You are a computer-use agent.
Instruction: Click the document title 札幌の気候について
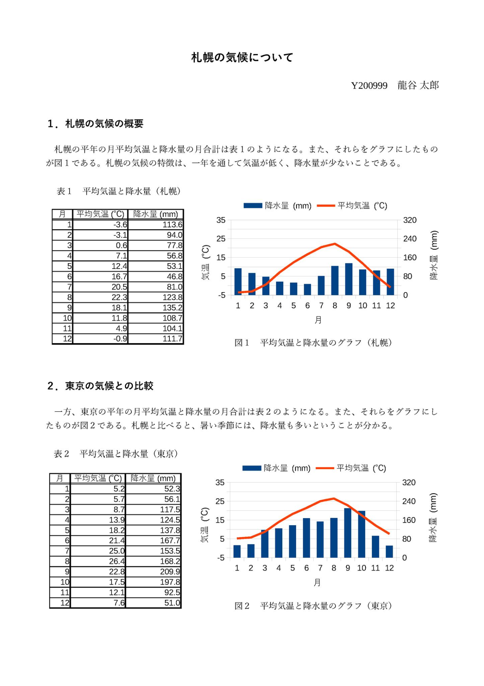click(x=242, y=57)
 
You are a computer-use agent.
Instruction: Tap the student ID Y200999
click(x=369, y=86)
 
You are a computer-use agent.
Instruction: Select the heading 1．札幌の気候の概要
click(x=95, y=124)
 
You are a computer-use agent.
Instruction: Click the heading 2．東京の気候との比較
click(x=100, y=386)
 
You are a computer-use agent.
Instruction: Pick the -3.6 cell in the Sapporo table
click(x=100, y=225)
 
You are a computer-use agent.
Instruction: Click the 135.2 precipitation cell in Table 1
click(x=156, y=308)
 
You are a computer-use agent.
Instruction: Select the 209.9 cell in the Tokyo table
click(x=153, y=572)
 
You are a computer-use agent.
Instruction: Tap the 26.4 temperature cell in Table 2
click(x=98, y=561)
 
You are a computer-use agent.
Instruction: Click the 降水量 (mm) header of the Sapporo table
click(x=156, y=214)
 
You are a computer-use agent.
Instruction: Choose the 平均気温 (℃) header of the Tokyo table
click(x=98, y=478)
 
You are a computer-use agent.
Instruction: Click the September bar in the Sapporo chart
click(x=349, y=279)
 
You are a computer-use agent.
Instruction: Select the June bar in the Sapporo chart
click(x=307, y=289)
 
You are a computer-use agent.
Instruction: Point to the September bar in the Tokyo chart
click(x=348, y=533)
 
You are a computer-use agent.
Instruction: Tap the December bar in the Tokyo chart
click(x=389, y=551)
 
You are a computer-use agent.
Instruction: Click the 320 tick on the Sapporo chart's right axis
click(x=409, y=220)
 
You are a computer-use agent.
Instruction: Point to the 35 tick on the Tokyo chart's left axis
click(x=220, y=483)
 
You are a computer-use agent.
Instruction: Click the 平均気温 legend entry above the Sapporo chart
click(x=352, y=205)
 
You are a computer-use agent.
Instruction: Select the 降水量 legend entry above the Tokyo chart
click(x=276, y=468)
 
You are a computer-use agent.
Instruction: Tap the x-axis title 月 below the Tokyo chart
click(x=317, y=582)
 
